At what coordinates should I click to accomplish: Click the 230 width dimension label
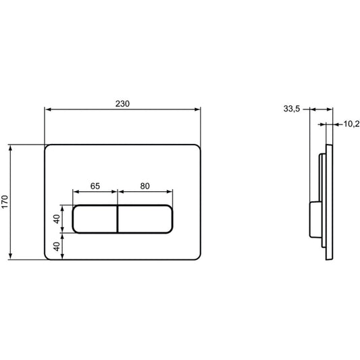tap(122, 104)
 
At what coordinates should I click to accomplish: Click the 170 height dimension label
tap(5, 201)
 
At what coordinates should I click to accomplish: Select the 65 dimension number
tap(95, 186)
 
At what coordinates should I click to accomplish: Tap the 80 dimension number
tap(145, 186)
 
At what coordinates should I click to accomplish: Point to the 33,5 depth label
tap(292, 109)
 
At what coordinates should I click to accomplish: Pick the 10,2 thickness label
tap(351, 124)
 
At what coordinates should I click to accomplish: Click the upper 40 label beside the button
tap(57, 219)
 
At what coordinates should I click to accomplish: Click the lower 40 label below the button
tap(57, 247)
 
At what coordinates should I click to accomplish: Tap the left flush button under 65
tap(95, 219)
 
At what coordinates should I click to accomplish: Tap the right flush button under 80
tap(145, 219)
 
